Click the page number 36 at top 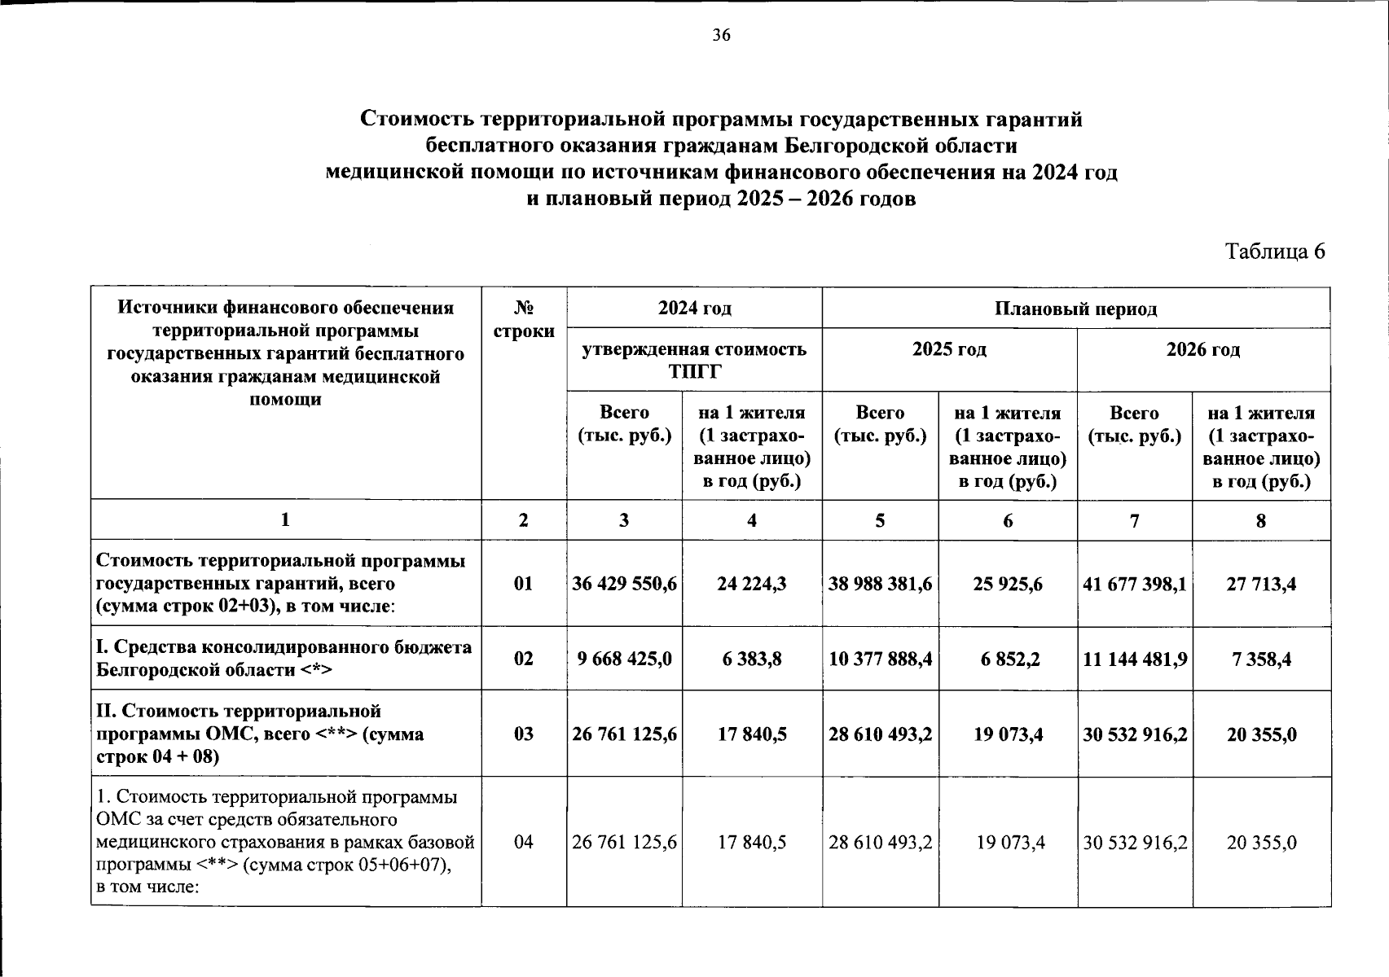(x=721, y=35)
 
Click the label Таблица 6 (x=1275, y=252)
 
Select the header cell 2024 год (x=694, y=308)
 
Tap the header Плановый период (x=1075, y=309)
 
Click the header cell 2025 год (x=949, y=349)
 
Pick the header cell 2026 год (x=1203, y=349)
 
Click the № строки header (x=524, y=319)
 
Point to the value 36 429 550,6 (x=624, y=584)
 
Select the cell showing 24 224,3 (x=751, y=584)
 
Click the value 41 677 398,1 (x=1135, y=584)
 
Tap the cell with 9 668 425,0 (x=624, y=659)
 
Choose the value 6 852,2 (x=1008, y=659)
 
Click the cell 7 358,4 (x=1261, y=659)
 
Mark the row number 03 (x=524, y=734)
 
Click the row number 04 (x=524, y=842)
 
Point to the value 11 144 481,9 (x=1135, y=659)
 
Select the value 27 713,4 (x=1261, y=584)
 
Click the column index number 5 (x=880, y=520)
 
